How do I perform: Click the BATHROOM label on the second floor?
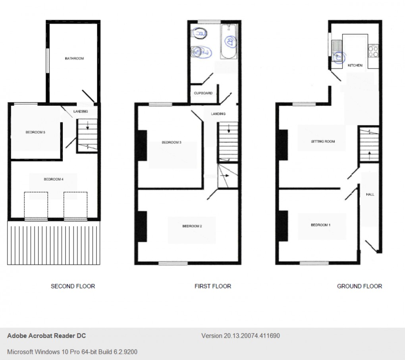74,59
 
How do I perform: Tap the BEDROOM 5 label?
35,132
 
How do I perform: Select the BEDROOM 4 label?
54,179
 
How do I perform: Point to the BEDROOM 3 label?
172,142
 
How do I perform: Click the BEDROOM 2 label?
192,226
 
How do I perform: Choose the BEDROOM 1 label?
320,225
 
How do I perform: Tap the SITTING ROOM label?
323,141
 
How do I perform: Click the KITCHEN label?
355,65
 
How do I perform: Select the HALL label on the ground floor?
370,194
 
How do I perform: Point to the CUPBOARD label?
203,93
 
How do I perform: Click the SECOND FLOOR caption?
73,286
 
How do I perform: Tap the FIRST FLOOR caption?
212,286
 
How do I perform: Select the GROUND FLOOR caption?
359,286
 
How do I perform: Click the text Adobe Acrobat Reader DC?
46,336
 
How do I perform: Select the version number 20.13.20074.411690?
241,336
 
